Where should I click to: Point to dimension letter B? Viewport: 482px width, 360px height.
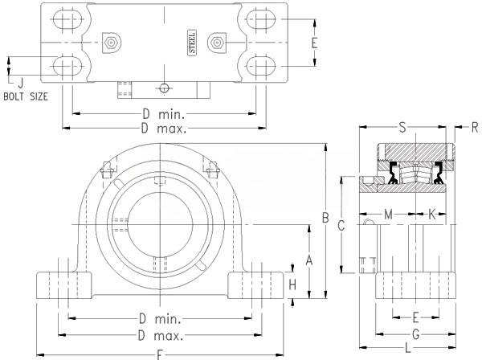325,218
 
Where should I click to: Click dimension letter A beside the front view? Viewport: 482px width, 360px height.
308,259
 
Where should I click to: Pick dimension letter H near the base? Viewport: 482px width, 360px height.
292,284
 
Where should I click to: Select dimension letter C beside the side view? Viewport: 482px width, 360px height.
341,226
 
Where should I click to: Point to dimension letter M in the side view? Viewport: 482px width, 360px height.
388,215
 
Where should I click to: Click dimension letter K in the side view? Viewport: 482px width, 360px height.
431,215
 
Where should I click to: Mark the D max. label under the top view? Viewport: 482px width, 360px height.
164,129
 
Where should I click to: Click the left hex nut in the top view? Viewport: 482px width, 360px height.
110,42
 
